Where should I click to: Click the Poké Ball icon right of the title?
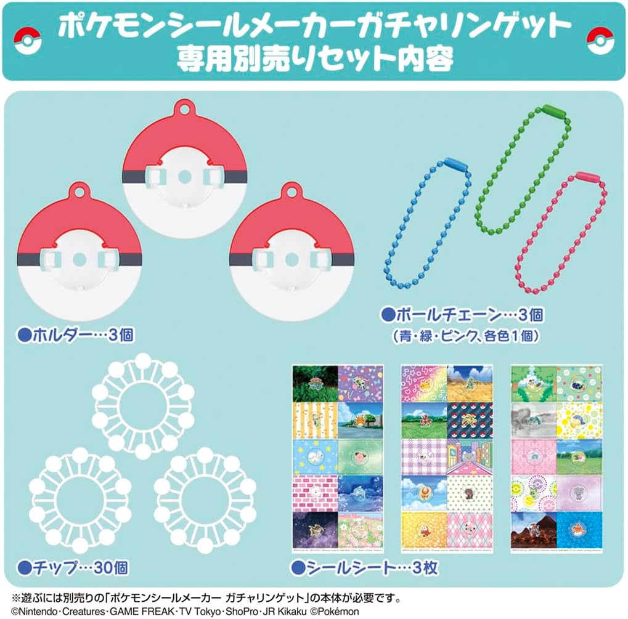pyautogui.click(x=600, y=40)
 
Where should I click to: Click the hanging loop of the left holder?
pyautogui.click(x=80, y=190)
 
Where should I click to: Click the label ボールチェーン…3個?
pyautogui.click(x=462, y=316)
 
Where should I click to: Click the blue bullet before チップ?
pyautogui.click(x=25, y=565)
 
